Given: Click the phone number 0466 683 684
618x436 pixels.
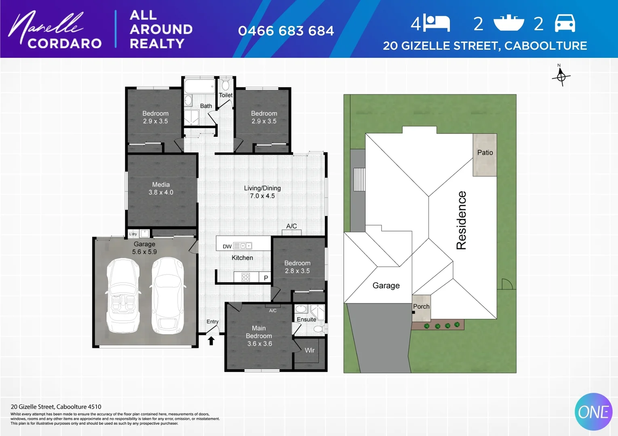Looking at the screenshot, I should pyautogui.click(x=286, y=31).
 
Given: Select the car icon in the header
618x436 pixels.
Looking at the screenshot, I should pyautogui.click(x=565, y=23).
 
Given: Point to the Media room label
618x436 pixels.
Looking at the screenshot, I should pyautogui.click(x=161, y=184).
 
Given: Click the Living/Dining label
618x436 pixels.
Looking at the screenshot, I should pyautogui.click(x=262, y=188).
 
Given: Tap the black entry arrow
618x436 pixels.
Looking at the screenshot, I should pyautogui.click(x=211, y=341).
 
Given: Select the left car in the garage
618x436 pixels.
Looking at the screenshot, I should pyautogui.click(x=123, y=296).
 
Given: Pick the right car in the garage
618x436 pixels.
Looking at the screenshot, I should pyautogui.click(x=168, y=296).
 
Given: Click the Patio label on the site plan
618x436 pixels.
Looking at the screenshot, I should pyautogui.click(x=485, y=153).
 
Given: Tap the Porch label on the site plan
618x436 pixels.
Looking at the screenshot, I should pyautogui.click(x=421, y=306).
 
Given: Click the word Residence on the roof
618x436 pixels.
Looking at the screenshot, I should pyautogui.click(x=461, y=220).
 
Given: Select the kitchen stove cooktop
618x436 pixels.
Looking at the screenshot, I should pyautogui.click(x=245, y=277).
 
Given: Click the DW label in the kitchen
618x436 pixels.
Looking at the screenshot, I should pyautogui.click(x=227, y=246).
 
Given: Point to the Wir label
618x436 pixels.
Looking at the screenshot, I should pyautogui.click(x=310, y=350).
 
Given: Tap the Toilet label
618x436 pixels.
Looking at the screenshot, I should pyautogui.click(x=226, y=95).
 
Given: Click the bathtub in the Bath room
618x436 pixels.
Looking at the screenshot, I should pyautogui.click(x=199, y=86).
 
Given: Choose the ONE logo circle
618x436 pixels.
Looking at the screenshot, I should pyautogui.click(x=593, y=412).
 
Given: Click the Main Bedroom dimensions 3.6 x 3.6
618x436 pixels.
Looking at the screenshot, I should pyautogui.click(x=259, y=344).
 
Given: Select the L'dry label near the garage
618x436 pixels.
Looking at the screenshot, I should pyautogui.click(x=133, y=234).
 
